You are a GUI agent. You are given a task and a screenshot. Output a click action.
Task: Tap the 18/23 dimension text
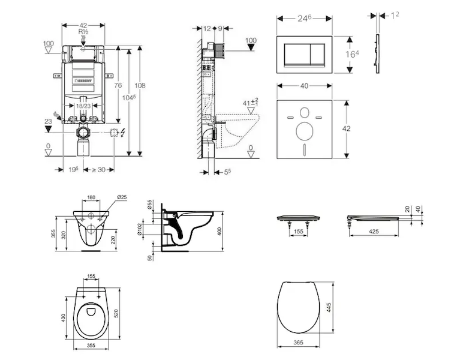[x=83, y=106]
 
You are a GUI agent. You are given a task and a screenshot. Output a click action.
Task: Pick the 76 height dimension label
[x=118, y=85]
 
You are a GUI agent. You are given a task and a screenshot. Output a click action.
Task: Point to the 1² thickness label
[x=395, y=15]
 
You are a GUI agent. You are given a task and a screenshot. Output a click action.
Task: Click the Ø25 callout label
[x=122, y=197]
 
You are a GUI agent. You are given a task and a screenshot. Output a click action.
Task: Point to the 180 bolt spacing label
[x=92, y=197]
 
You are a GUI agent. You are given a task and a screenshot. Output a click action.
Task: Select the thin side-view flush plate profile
[x=377, y=55]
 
